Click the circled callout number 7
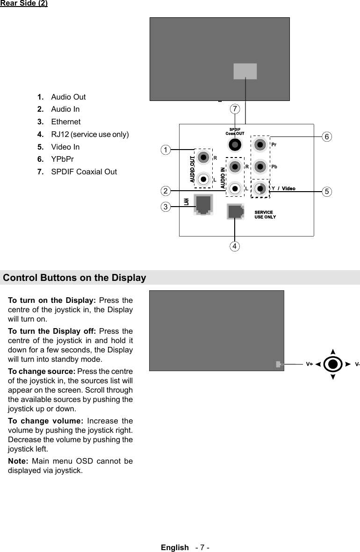click(235, 109)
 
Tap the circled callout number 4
click(235, 245)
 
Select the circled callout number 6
click(327, 136)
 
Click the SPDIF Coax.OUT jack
click(235, 144)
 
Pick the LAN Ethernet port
click(203, 205)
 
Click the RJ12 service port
click(235, 212)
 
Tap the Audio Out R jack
click(203, 157)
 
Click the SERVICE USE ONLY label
click(265, 215)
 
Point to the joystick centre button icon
click(332, 364)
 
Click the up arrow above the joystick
click(332, 351)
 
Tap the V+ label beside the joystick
click(310, 364)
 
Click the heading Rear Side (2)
click(24, 4)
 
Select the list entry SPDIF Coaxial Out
click(84, 172)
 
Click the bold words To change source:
click(42, 371)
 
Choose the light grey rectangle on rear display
click(245, 71)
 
